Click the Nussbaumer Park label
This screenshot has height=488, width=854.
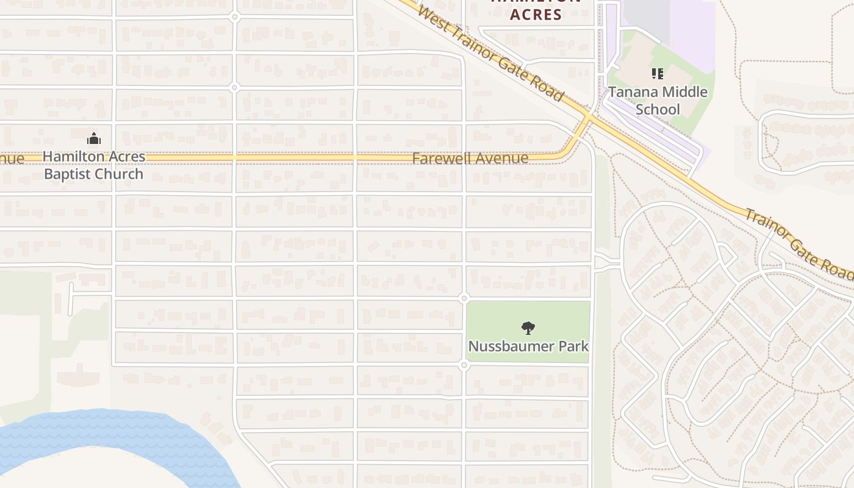(x=528, y=346)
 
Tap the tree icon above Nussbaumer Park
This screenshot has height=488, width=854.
(x=528, y=328)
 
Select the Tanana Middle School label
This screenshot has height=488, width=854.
(x=658, y=101)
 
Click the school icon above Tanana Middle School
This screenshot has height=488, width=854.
(x=658, y=74)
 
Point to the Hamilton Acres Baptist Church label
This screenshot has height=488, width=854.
(x=94, y=165)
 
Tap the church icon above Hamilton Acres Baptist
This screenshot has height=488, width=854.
(x=93, y=139)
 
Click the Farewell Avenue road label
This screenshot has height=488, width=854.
(x=470, y=159)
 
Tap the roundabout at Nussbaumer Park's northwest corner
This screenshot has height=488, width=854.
(x=464, y=298)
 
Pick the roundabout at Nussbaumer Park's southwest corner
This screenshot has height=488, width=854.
(x=464, y=365)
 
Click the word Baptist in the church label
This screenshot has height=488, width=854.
(x=68, y=174)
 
